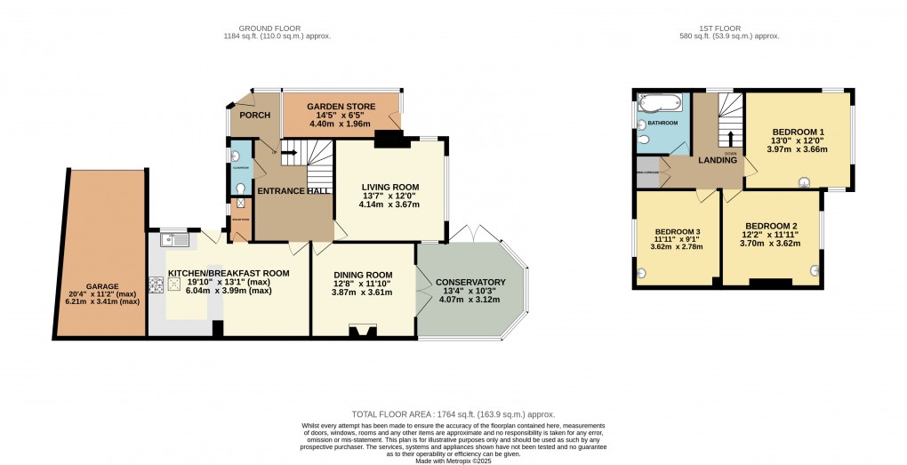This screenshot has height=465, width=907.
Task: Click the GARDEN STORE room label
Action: click(341, 107)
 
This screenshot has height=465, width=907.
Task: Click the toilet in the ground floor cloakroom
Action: click(242, 188)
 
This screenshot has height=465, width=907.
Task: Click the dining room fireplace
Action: click(362, 332)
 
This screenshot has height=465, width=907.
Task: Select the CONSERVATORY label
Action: click(470, 283)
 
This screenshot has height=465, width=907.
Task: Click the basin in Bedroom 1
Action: click(807, 184)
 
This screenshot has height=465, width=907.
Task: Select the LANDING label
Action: click(718, 160)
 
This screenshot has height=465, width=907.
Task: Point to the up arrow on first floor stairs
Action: click(730, 138)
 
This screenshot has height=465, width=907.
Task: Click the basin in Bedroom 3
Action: click(641, 273)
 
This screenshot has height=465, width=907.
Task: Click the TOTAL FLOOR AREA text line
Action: click(453, 414)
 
